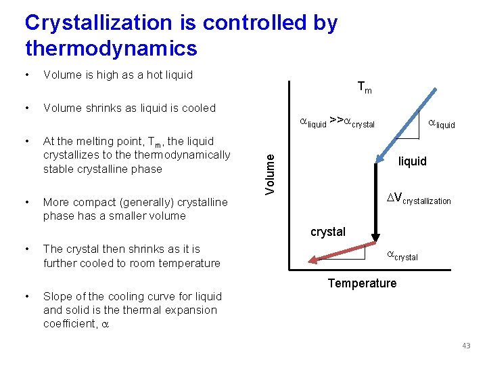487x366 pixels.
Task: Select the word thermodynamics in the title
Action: pyautogui.click(x=111, y=49)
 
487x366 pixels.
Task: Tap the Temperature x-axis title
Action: pyautogui.click(x=362, y=283)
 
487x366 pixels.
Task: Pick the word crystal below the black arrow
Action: pyautogui.click(x=328, y=232)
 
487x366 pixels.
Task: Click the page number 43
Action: pyautogui.click(x=466, y=346)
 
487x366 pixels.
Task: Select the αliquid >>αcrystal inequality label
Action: pyautogui.click(x=337, y=123)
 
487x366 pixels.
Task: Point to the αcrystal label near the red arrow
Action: pyautogui.click(x=402, y=256)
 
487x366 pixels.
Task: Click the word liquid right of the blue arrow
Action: pyautogui.click(x=412, y=161)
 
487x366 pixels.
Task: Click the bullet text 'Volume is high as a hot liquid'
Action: pyautogui.click(x=118, y=75)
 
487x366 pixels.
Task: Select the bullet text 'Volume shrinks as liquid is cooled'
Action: pyautogui.click(x=129, y=108)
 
